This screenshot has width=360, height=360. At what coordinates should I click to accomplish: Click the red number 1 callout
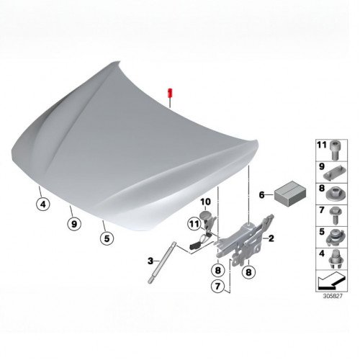(170, 93)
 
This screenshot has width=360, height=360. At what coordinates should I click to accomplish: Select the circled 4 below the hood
(43, 204)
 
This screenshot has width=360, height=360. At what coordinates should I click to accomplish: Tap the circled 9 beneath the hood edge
(74, 224)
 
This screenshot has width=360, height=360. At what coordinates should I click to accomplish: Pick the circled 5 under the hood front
(107, 238)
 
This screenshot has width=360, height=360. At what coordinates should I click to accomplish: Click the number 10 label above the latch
(205, 202)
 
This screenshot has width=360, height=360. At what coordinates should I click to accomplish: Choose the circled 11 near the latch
(194, 224)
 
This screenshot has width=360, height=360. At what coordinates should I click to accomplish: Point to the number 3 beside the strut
(150, 261)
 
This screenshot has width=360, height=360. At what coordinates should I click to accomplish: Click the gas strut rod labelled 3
(162, 263)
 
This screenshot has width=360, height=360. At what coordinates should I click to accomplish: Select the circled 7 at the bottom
(217, 287)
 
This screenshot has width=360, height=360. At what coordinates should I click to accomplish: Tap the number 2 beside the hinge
(271, 238)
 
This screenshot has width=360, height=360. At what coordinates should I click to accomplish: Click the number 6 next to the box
(261, 195)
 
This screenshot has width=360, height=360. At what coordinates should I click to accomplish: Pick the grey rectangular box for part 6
(290, 194)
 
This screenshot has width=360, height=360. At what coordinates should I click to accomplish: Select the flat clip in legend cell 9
(335, 174)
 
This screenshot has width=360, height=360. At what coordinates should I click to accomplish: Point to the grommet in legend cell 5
(335, 238)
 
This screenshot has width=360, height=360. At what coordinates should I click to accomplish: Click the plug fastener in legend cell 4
(335, 259)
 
